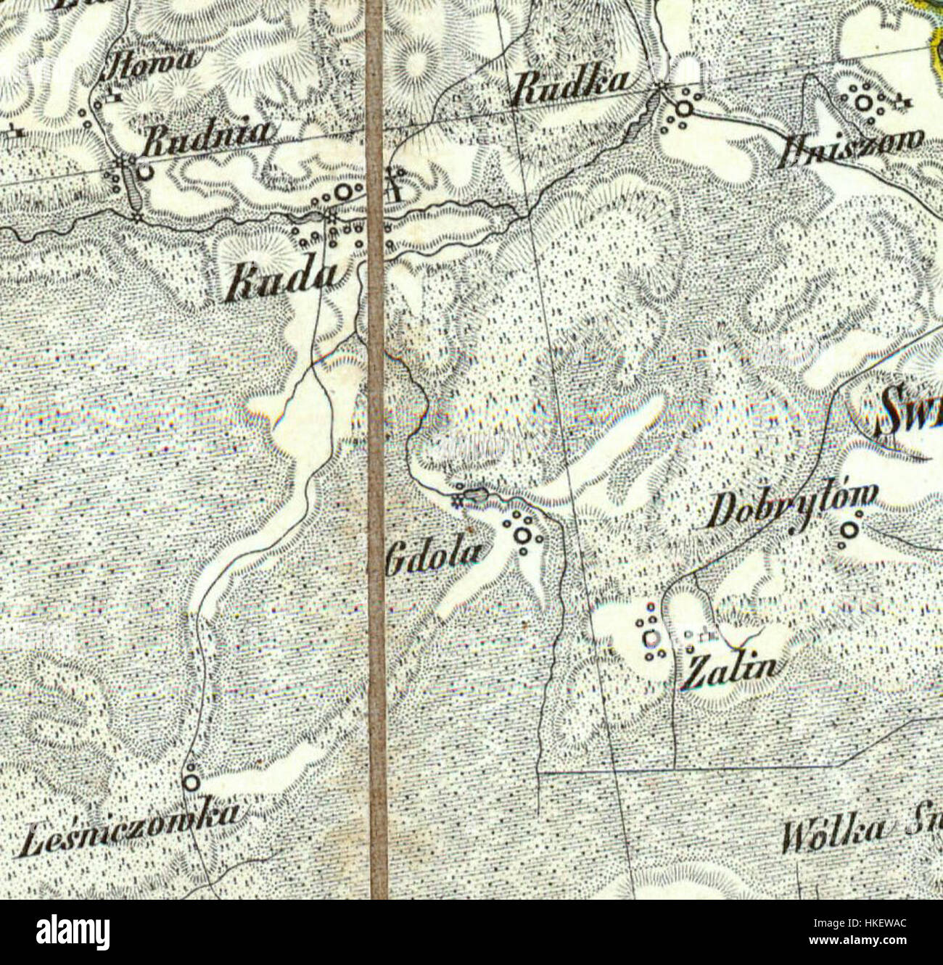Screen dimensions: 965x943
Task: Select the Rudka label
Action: [x=571, y=88]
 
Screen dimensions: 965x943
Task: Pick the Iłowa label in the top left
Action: [x=152, y=62]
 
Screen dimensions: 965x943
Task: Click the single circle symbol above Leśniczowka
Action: [x=191, y=782]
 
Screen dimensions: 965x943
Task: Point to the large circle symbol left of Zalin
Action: [x=651, y=638]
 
